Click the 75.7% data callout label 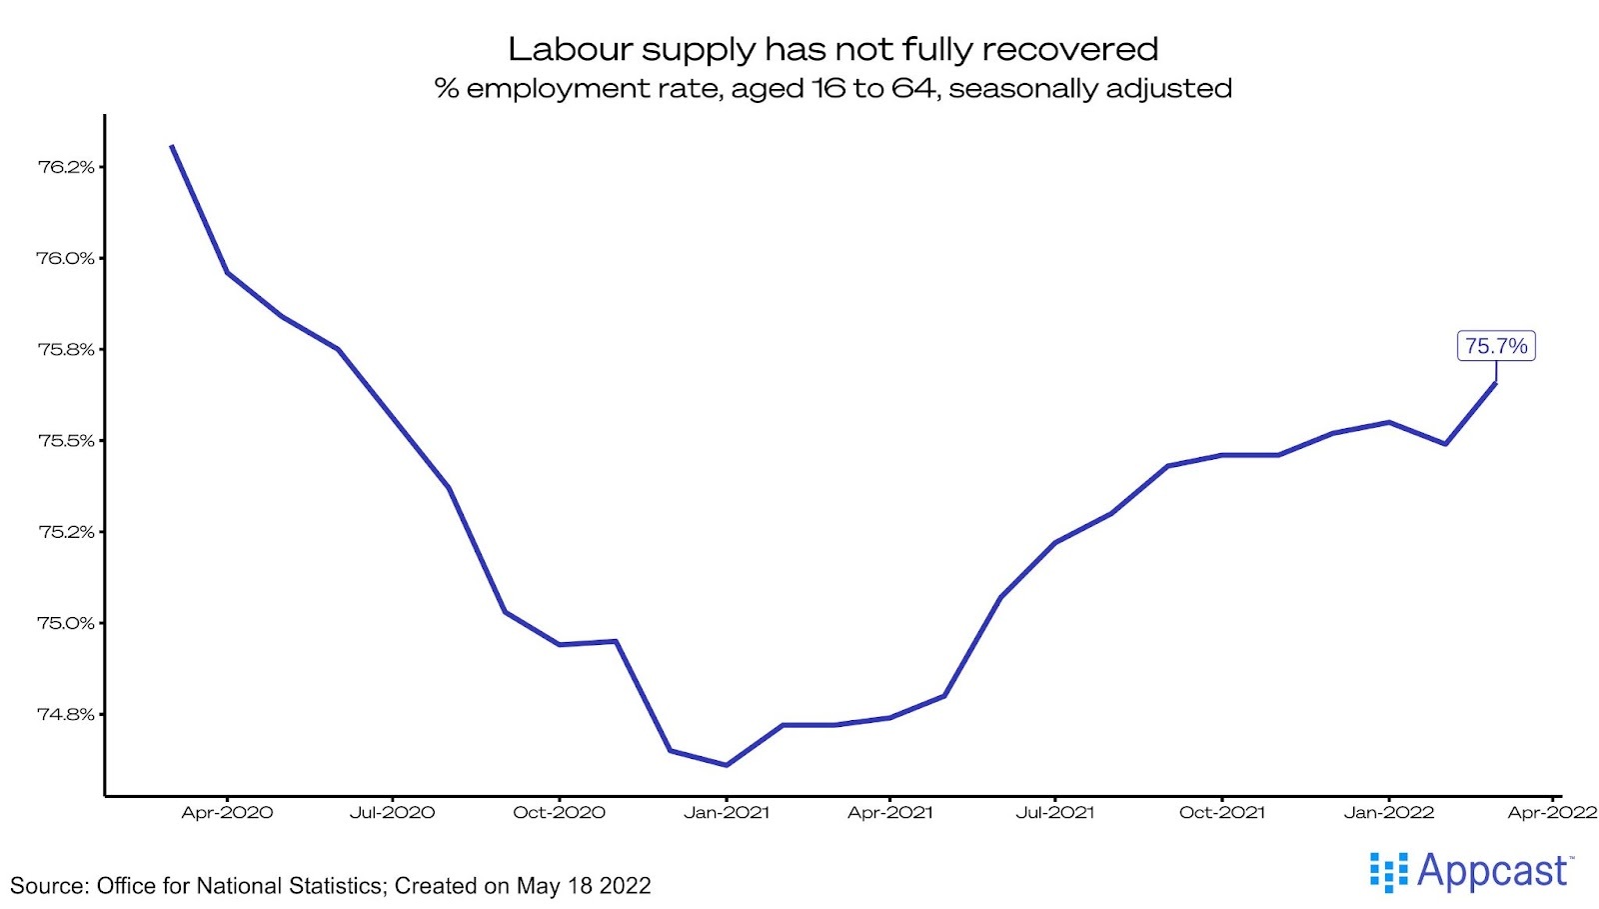(1495, 346)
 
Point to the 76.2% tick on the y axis (66, 167)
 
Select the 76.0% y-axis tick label (66, 258)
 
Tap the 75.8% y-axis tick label (66, 349)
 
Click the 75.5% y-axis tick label (66, 441)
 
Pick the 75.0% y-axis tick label (66, 623)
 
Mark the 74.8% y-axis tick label (66, 714)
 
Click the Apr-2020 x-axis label (227, 813)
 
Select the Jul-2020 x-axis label (392, 813)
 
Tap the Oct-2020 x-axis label (559, 813)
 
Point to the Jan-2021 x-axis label (727, 813)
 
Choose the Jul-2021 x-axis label (1054, 813)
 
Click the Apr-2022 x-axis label (1552, 813)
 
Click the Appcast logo (1471, 872)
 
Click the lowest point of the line (727, 765)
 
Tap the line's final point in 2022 (1495, 383)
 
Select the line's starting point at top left (172, 146)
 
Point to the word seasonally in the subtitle (1017, 89)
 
